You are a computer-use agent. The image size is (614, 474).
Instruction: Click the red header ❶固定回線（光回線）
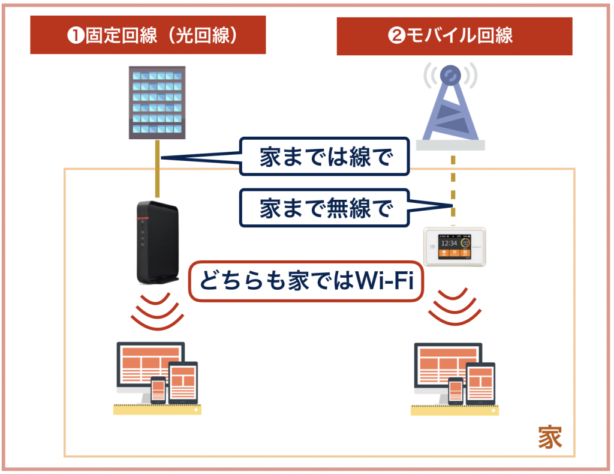tap(148, 35)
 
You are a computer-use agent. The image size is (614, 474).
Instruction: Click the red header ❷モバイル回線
tap(454, 35)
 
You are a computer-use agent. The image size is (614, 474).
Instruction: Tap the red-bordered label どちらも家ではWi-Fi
tap(306, 281)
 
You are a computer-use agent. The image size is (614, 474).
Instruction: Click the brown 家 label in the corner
tap(549, 437)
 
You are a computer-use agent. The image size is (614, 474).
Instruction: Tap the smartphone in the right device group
tap(456, 391)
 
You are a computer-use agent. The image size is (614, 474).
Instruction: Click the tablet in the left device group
tap(183, 383)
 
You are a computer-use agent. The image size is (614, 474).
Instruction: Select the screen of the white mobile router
tap(453, 246)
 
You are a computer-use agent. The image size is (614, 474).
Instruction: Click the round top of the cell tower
tap(450, 74)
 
